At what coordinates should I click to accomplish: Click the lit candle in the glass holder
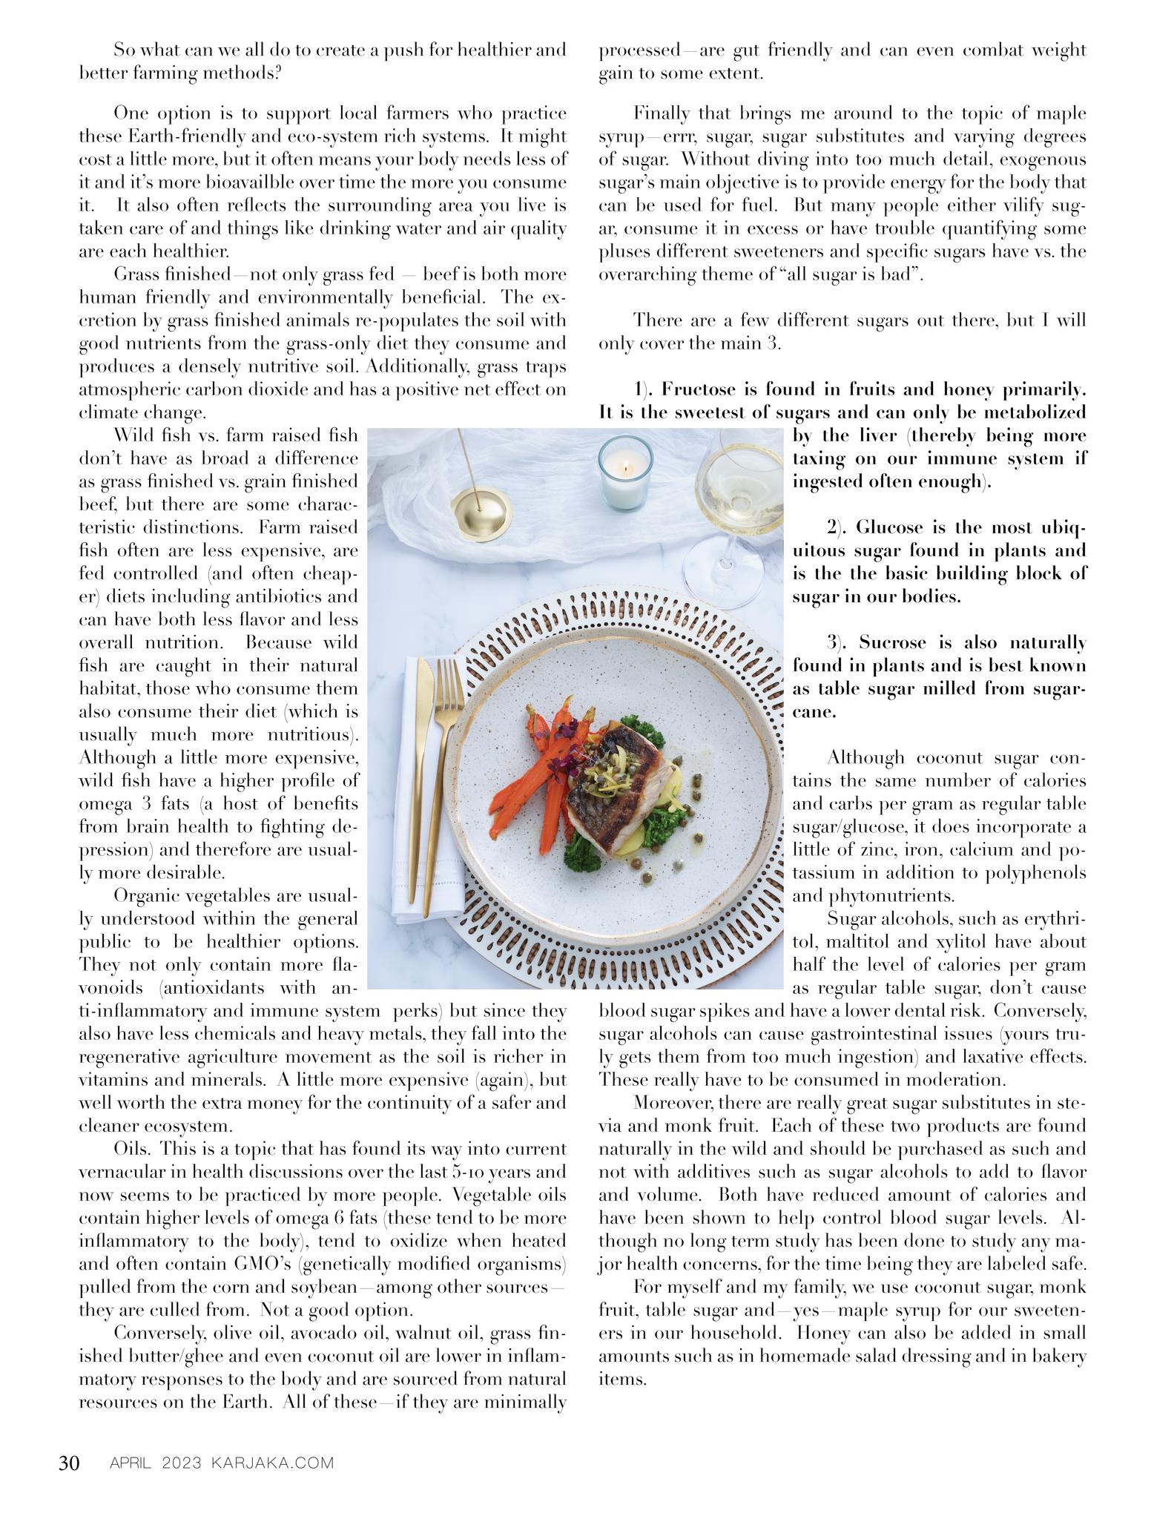point(624,472)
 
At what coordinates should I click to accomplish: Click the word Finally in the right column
point(662,113)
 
